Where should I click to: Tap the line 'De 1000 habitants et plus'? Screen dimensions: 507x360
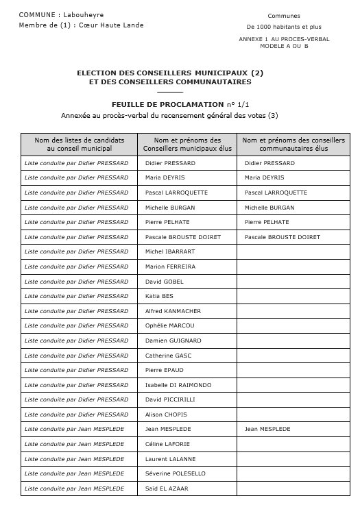(x=284, y=27)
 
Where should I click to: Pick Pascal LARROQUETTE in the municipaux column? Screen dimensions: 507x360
(x=176, y=193)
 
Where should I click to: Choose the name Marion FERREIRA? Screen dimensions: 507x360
(x=170, y=267)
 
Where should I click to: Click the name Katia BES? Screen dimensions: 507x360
(x=159, y=297)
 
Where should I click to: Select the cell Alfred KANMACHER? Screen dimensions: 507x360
(x=173, y=311)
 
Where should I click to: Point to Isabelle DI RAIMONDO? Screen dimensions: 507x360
(x=178, y=385)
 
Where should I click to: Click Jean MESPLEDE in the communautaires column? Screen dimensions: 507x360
(x=267, y=430)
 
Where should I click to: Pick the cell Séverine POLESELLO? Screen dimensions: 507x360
(x=175, y=474)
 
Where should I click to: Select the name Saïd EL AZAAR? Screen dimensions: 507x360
(x=167, y=489)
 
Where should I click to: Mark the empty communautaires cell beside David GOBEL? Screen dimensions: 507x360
(x=293, y=282)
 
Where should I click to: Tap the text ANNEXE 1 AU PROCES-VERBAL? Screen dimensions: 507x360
(x=284, y=39)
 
